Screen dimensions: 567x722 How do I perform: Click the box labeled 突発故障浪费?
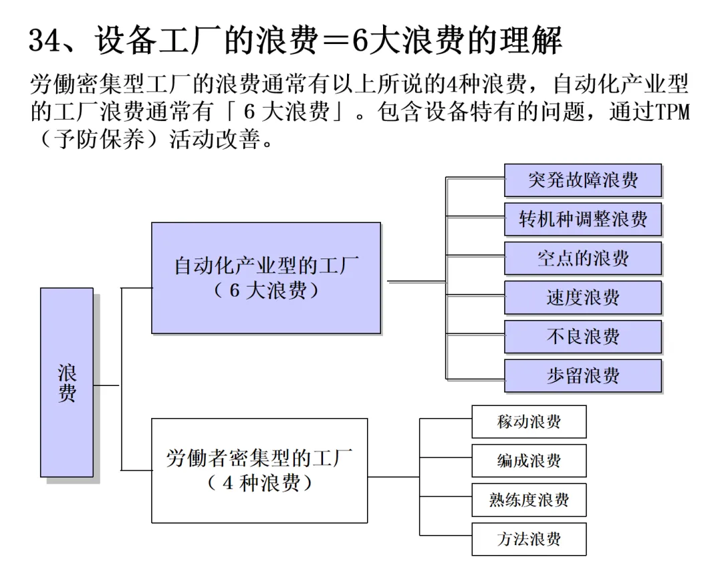pos(582,180)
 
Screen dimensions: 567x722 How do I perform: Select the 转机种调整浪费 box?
pos(582,219)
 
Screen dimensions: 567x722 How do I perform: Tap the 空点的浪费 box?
pos(582,258)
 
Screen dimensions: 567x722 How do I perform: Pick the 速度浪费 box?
pos(582,297)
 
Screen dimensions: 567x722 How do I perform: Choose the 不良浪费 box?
pos(582,337)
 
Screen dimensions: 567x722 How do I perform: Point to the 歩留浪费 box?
pos(582,375)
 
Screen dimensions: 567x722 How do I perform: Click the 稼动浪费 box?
pos(529,421)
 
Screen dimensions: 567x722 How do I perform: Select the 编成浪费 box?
pos(529,461)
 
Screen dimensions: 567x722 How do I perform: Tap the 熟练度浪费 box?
pos(529,500)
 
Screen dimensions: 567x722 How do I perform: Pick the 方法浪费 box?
pos(529,539)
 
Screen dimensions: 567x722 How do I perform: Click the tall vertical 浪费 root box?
pos(66,382)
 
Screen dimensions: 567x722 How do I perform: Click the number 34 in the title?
pos(45,41)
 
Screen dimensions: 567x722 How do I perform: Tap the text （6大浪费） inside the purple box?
pos(265,292)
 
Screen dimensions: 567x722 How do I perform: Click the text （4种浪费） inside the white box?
pos(259,483)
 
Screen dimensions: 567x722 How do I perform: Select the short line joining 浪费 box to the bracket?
pos(106,385)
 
